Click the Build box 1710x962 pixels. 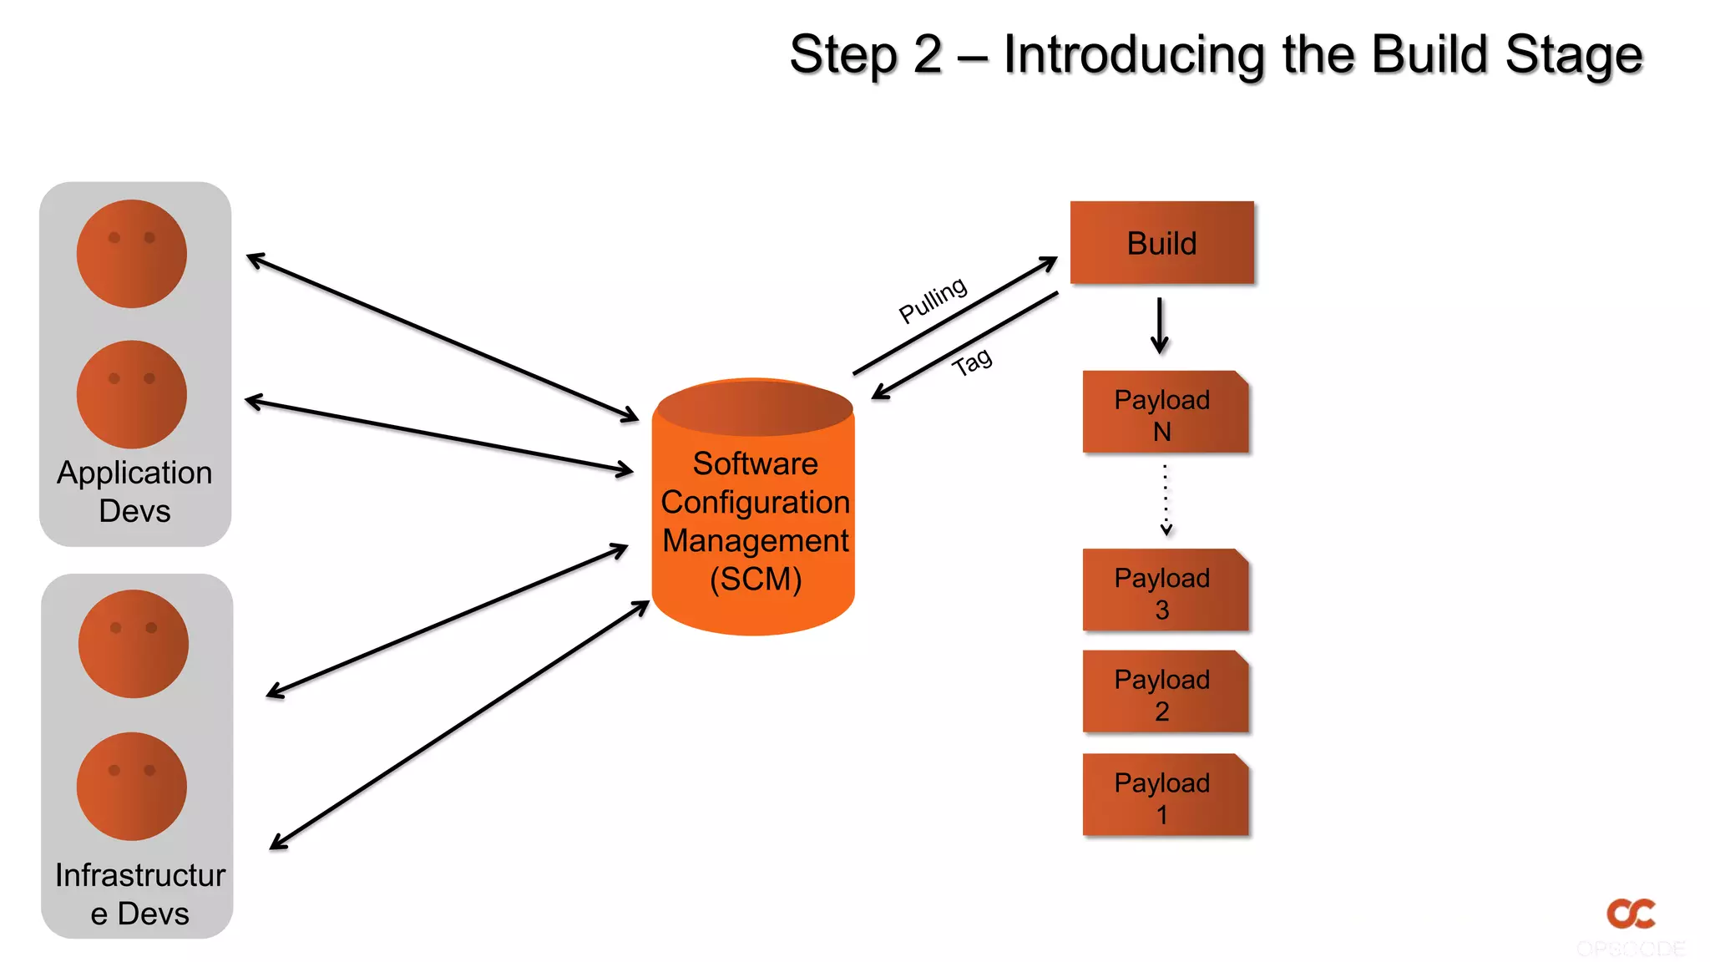(x=1161, y=243)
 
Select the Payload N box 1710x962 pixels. (x=1165, y=413)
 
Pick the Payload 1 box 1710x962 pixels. (x=1165, y=797)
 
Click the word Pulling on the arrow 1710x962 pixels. (x=933, y=300)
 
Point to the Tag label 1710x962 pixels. (x=972, y=362)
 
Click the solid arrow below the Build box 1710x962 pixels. (x=1159, y=326)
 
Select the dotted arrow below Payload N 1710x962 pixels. (x=1166, y=499)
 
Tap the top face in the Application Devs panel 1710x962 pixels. (x=132, y=254)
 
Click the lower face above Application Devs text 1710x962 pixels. (x=132, y=394)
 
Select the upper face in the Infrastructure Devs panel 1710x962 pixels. (x=134, y=644)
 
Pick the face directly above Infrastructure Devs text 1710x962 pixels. (x=132, y=786)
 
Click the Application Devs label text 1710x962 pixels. (x=134, y=491)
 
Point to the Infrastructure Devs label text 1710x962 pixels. (x=139, y=894)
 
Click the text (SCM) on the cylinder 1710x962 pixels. (x=756, y=579)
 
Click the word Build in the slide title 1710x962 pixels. (x=1429, y=54)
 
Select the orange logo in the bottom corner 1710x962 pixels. (x=1631, y=914)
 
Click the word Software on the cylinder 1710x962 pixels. (x=755, y=463)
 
